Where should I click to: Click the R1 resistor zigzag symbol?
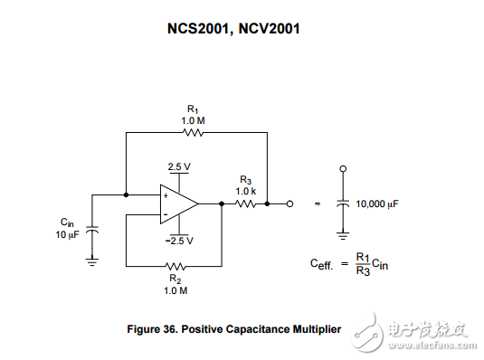point(193,133)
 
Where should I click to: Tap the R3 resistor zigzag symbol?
point(245,204)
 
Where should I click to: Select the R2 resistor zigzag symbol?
point(176,266)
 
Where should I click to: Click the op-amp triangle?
point(179,204)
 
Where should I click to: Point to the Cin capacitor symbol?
point(92,230)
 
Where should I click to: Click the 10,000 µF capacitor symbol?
point(343,203)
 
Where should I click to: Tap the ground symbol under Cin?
point(92,261)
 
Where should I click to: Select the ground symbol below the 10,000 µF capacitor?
point(343,236)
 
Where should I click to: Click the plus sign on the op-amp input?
point(166,195)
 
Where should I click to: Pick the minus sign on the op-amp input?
point(166,214)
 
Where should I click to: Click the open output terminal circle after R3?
point(289,204)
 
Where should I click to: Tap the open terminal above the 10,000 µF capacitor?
point(343,168)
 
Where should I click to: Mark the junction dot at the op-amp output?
point(222,204)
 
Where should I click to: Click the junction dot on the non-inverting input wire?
point(126,194)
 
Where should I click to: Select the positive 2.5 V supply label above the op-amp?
point(179,166)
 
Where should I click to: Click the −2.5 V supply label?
point(179,241)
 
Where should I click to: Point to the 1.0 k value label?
point(246,192)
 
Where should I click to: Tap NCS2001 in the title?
point(198,29)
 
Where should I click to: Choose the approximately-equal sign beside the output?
point(317,204)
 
